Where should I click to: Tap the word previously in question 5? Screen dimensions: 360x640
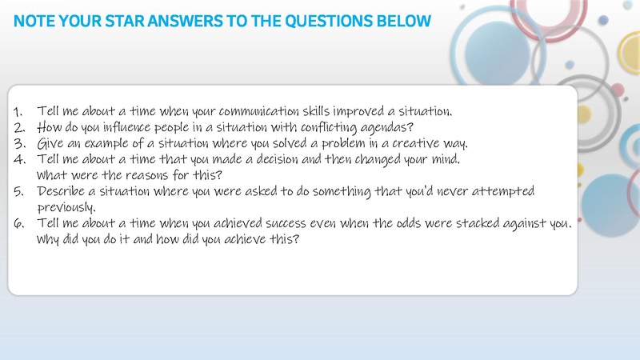point(66,208)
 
